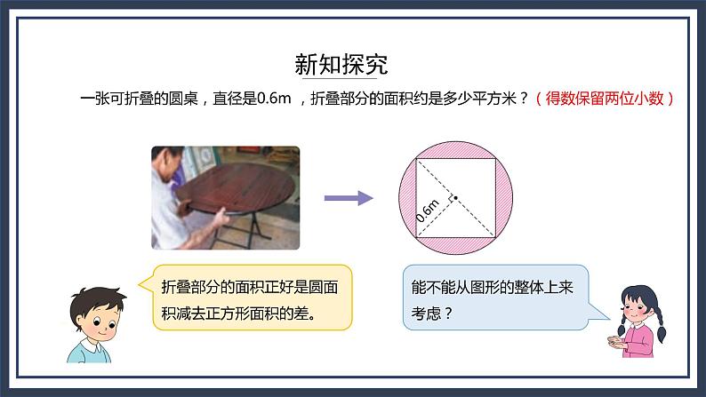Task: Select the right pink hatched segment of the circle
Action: [x=502, y=198]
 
